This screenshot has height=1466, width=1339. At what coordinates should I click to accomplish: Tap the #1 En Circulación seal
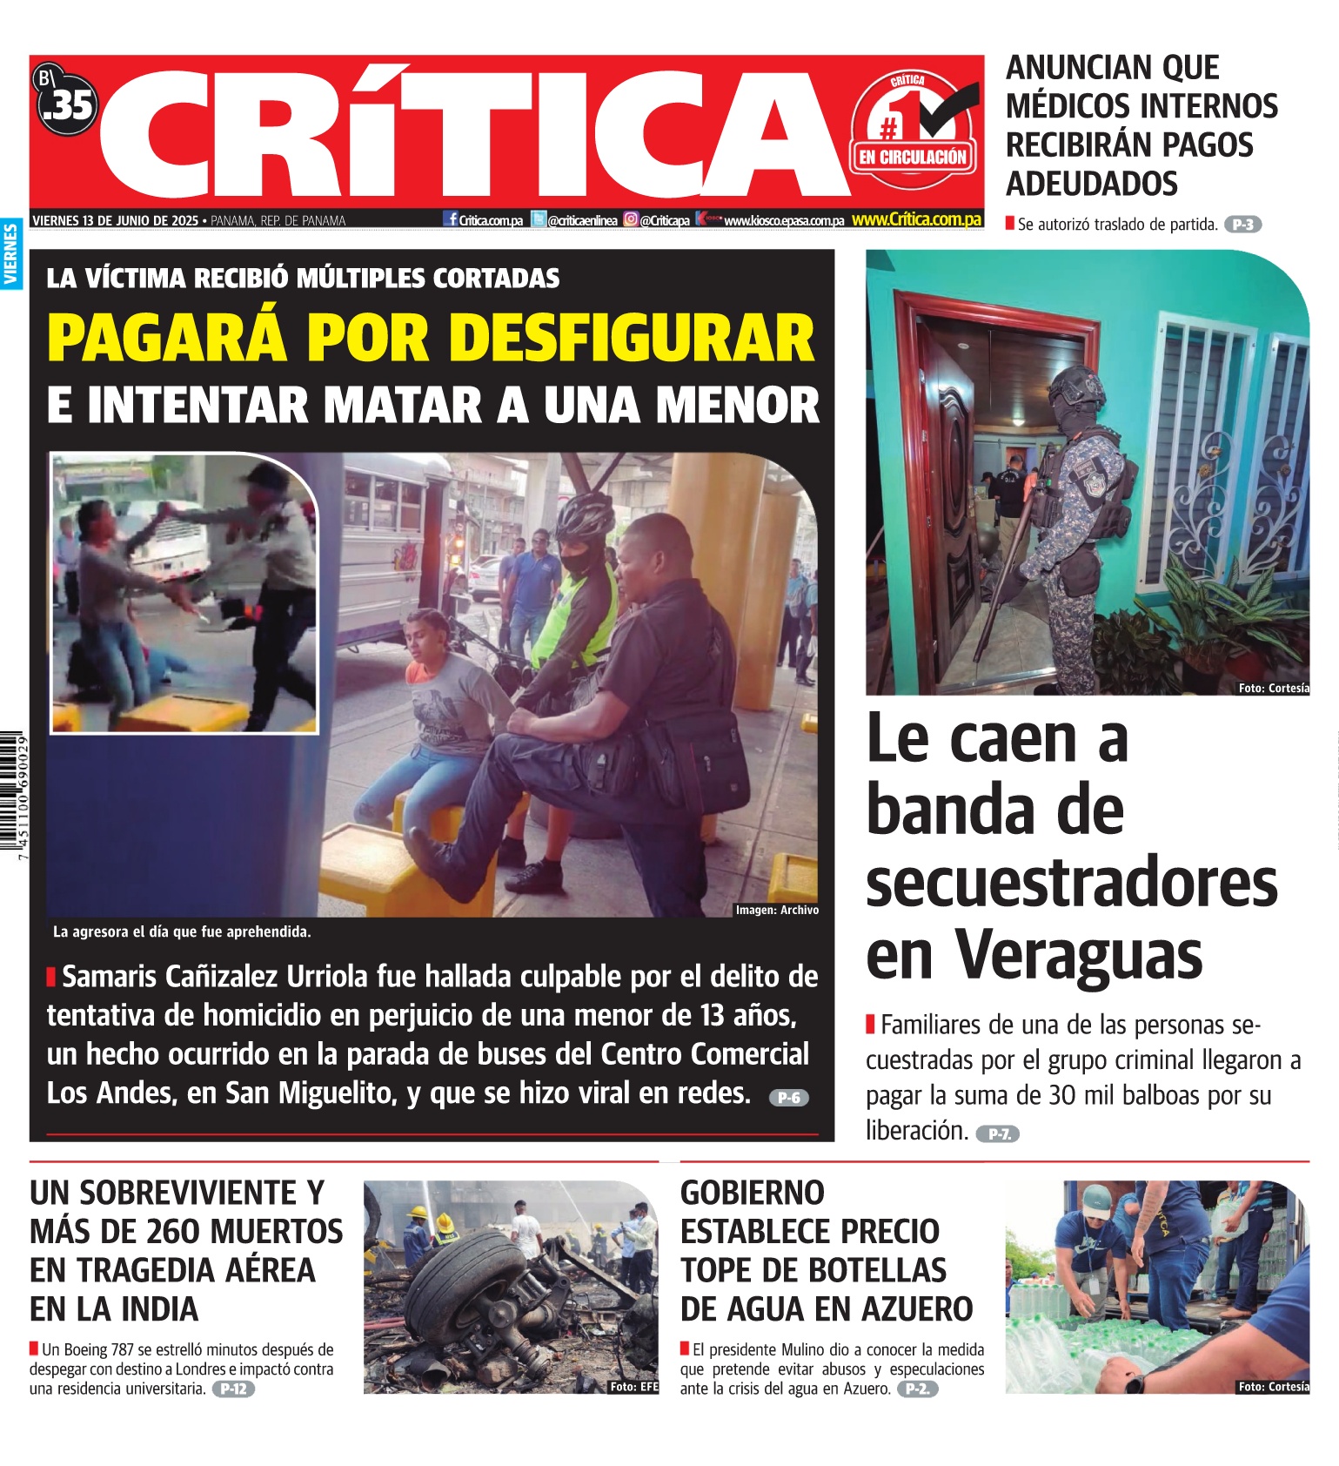(913, 131)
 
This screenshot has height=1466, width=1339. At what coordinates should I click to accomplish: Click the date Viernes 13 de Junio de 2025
(115, 221)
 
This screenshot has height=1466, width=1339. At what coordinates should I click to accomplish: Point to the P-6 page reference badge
(788, 1098)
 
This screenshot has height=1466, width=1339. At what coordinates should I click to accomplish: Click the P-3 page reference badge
(1242, 225)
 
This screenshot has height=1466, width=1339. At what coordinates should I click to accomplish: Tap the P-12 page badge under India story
(233, 1389)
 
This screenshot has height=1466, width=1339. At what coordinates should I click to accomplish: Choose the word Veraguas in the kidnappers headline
(1080, 955)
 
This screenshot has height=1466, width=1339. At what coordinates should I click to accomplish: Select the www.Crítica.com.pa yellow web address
(916, 220)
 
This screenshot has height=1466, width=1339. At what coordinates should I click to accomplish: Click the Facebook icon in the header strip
(451, 219)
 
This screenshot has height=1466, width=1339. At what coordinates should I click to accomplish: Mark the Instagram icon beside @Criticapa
(631, 220)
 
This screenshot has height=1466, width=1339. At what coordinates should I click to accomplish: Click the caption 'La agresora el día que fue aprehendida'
(182, 931)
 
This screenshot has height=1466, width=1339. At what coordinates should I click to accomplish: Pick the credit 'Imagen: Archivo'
(777, 910)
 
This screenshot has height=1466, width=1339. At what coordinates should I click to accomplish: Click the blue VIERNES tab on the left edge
(11, 253)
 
